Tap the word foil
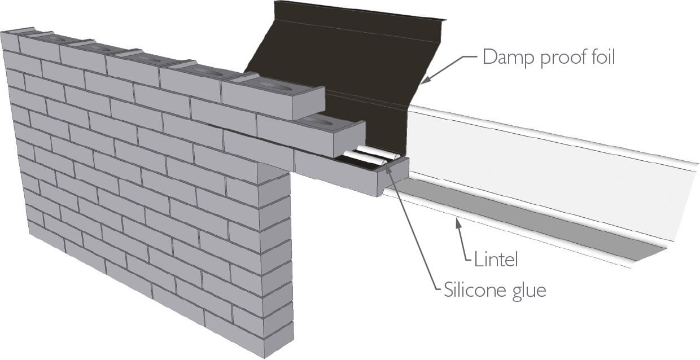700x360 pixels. [x=600, y=58]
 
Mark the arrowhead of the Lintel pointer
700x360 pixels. [x=459, y=224]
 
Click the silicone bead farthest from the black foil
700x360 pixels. [x=361, y=158]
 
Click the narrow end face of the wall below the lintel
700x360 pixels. [x=279, y=254]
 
